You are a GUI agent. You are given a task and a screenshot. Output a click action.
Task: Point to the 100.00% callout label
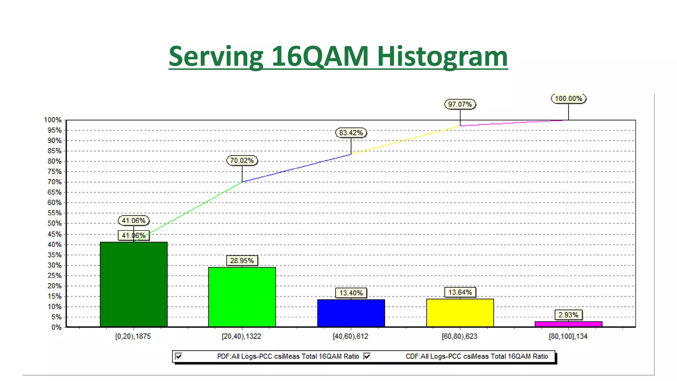568,99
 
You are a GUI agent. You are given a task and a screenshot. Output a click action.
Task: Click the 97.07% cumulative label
460,104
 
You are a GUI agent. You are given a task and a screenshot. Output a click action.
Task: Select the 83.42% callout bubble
351,133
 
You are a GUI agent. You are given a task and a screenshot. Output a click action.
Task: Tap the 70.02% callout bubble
242,160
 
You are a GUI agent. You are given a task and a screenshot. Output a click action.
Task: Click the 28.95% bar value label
242,261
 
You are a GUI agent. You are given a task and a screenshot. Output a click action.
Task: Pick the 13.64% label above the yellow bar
460,292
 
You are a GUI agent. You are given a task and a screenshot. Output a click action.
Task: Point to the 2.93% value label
568,315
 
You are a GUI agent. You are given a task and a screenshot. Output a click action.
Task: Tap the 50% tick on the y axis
55,223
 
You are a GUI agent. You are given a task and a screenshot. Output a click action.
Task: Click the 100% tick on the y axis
53,120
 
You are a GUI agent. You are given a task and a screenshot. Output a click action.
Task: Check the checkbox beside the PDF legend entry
179,356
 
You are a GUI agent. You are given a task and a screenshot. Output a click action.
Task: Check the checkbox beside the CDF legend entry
367,356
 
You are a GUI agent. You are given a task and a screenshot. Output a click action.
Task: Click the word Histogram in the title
442,56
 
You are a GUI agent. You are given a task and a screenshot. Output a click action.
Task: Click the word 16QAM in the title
320,56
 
